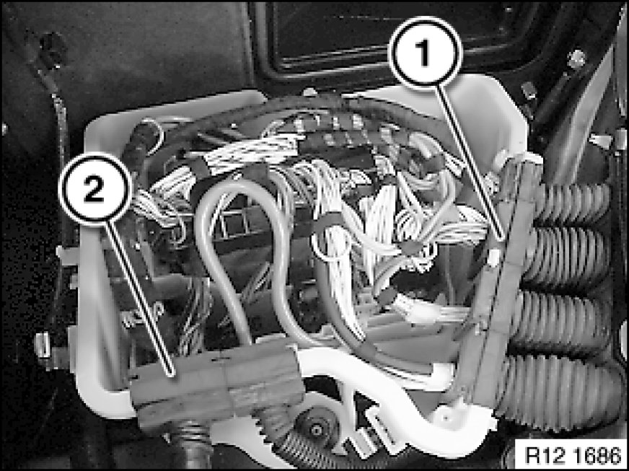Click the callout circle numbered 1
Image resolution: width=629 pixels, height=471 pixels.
tap(426, 51)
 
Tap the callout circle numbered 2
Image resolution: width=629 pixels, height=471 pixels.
tap(95, 188)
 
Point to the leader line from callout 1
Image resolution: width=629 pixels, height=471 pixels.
tap(470, 163)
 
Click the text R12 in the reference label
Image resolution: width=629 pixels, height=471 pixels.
tap(541, 455)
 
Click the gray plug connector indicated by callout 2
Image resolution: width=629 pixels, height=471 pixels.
tap(216, 385)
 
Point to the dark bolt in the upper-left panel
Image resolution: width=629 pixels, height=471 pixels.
tap(53, 49)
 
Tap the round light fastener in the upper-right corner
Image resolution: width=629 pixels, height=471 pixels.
tap(576, 59)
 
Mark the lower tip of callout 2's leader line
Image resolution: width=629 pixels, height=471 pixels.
tap(174, 376)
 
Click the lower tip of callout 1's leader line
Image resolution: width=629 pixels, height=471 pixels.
tap(503, 240)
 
